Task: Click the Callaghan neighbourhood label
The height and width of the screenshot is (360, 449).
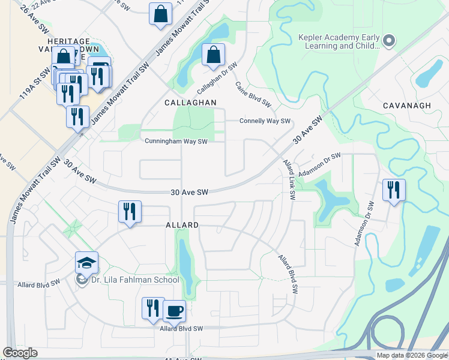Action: (x=190, y=103)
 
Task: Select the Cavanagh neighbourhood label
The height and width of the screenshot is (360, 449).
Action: (x=407, y=106)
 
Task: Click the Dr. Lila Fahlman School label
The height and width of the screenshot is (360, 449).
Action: (x=135, y=280)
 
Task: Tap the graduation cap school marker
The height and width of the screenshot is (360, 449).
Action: (x=86, y=263)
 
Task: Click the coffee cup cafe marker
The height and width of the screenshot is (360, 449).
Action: (x=174, y=311)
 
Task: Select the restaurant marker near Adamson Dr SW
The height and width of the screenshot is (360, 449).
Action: (x=394, y=190)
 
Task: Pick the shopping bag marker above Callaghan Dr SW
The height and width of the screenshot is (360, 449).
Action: (x=214, y=55)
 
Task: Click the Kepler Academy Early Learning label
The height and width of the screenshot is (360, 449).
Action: (x=339, y=41)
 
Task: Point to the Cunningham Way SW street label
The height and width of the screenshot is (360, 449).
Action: (x=176, y=142)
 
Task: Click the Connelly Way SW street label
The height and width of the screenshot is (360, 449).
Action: (x=265, y=121)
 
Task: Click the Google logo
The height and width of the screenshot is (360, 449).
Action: (x=20, y=353)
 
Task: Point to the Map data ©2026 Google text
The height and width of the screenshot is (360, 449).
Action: (x=412, y=355)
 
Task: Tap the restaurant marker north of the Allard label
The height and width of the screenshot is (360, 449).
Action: (x=130, y=211)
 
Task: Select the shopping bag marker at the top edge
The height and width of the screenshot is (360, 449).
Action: (x=160, y=14)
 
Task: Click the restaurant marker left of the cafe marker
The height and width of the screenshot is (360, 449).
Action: (x=153, y=308)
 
